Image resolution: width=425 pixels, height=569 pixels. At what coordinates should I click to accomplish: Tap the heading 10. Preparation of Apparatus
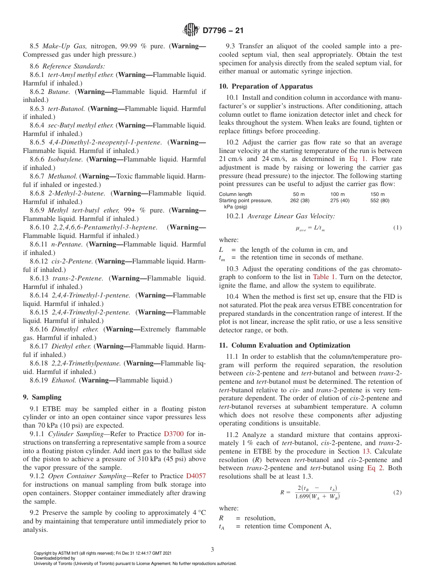266,86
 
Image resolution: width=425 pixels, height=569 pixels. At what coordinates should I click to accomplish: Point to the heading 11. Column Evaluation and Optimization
285,345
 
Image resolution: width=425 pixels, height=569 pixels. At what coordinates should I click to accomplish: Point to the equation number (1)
397,228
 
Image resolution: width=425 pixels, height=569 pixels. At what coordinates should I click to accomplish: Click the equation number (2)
397,493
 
